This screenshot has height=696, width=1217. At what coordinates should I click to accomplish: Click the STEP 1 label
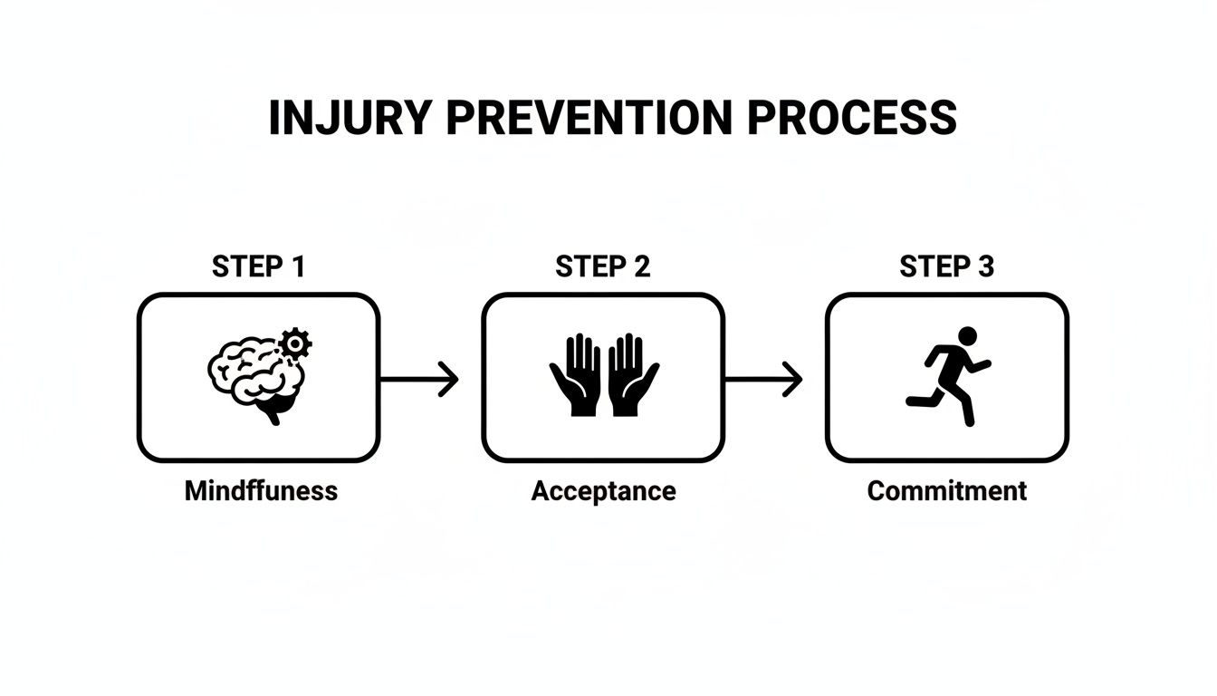pyautogui.click(x=258, y=266)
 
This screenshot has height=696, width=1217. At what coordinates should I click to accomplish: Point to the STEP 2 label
pyautogui.click(x=602, y=266)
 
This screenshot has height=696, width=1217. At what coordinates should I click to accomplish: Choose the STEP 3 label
pyautogui.click(x=946, y=266)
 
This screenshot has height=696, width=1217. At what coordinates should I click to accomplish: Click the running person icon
pyautogui.click(x=948, y=376)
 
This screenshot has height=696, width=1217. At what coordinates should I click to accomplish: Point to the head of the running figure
pyautogui.click(x=967, y=336)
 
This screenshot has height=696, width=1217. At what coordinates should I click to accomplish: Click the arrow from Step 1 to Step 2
pyautogui.click(x=419, y=379)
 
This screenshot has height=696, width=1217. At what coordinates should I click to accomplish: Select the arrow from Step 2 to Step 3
pyautogui.click(x=763, y=379)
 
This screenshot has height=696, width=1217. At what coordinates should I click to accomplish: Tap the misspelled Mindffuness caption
pyautogui.click(x=261, y=491)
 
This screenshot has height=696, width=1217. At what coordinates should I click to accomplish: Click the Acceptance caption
pyautogui.click(x=603, y=491)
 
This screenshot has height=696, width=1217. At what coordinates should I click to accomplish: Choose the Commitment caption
pyautogui.click(x=946, y=491)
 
